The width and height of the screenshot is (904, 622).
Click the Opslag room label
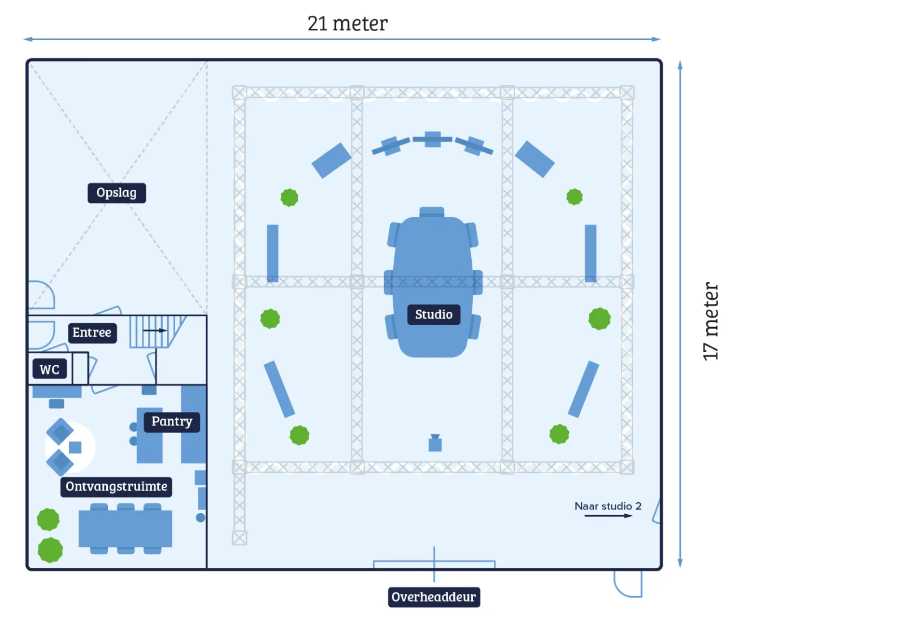(116, 193)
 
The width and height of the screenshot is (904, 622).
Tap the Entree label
(92, 333)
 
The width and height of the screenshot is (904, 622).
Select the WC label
(49, 369)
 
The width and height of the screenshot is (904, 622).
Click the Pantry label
(172, 421)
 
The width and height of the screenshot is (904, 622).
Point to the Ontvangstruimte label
(116, 486)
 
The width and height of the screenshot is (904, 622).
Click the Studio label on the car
(433, 315)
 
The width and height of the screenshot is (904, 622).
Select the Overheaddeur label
(433, 597)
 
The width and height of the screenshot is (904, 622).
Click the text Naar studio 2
(608, 506)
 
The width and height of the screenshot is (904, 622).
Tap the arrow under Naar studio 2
(608, 516)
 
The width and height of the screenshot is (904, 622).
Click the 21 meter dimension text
(347, 24)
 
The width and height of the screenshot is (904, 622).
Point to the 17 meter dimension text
(711, 321)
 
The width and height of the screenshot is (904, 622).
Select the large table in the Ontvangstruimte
(125, 529)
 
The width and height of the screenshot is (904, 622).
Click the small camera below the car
(435, 443)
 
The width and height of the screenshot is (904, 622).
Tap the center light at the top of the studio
(432, 139)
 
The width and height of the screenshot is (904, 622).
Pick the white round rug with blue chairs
(70, 447)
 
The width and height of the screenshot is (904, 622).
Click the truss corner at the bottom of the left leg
(240, 538)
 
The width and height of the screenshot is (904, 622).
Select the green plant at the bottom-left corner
(50, 550)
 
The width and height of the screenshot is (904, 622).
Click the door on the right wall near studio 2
(657, 512)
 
